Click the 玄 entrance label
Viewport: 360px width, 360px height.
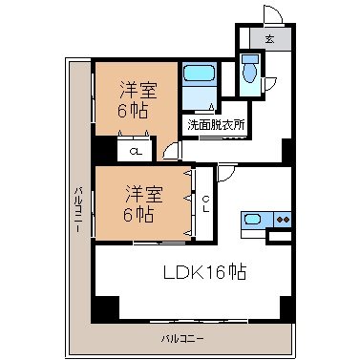coord(269,39)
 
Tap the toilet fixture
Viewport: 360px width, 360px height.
coord(250,70)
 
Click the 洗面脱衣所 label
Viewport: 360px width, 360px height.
coord(216,124)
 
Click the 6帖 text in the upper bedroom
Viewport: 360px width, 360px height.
coord(135,111)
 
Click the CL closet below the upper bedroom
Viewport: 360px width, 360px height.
coord(137,150)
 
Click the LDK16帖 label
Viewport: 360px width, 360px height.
coord(202,273)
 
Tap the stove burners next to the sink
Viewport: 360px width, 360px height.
coord(282,220)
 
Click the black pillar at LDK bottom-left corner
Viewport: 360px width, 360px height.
coord(104,310)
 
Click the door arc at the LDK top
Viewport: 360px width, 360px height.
coord(227,172)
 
